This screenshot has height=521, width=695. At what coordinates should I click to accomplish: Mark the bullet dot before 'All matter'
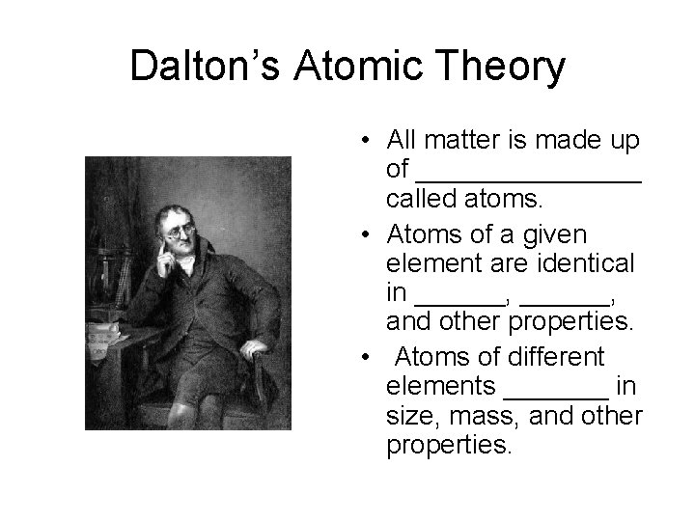[x=370, y=142]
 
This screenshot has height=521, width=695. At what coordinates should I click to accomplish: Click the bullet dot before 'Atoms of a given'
[x=370, y=234]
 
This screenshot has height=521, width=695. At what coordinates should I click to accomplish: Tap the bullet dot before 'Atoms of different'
[x=370, y=357]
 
